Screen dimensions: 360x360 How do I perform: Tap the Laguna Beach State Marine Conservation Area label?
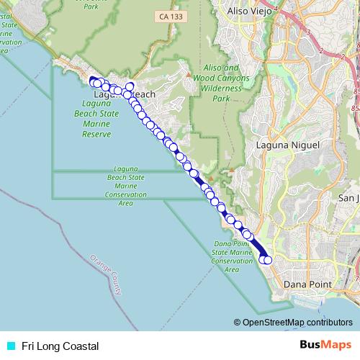(x=126, y=185)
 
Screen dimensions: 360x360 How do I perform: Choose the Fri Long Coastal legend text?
(x=60, y=346)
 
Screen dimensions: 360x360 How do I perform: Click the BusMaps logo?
(x=325, y=346)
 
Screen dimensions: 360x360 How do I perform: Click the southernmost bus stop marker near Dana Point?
(x=269, y=260)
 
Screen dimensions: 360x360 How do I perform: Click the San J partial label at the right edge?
(x=348, y=198)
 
